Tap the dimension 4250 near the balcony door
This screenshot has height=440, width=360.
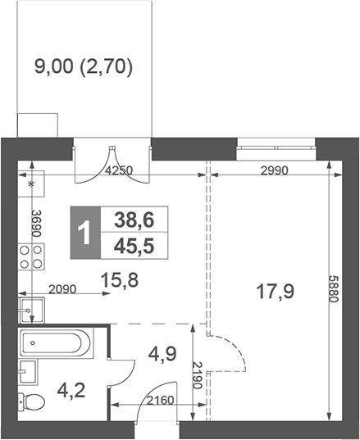[120, 170]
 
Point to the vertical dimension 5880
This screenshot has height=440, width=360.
[334, 288]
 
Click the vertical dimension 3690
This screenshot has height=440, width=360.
[35, 223]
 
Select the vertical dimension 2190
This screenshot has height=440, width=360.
[197, 375]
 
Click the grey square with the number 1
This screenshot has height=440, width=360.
[83, 232]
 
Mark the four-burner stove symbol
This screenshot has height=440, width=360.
[30, 258]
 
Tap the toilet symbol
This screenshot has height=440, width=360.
[32, 402]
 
